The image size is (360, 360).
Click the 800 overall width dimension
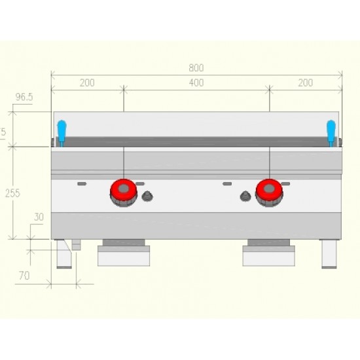point(196,67)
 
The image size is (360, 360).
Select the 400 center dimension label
point(196,82)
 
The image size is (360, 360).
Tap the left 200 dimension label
point(87,82)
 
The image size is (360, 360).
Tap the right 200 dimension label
point(305,82)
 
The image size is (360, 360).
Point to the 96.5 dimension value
point(24,97)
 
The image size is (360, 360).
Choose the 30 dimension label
point(39,217)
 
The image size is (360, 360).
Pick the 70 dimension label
point(24,276)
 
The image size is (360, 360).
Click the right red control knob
point(268,190)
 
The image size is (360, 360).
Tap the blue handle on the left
point(62,132)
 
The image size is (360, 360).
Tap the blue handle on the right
point(331,132)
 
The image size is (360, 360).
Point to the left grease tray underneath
point(124,255)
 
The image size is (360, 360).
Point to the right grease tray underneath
point(269,255)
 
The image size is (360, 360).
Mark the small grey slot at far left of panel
point(82,184)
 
